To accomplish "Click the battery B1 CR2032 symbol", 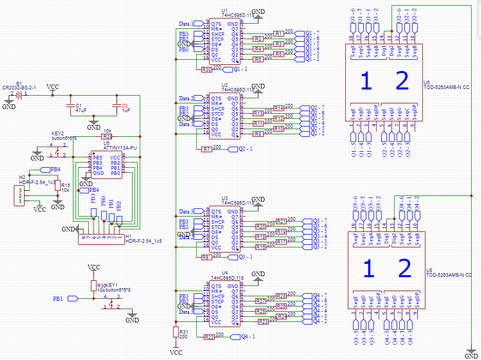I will pyautogui.click(x=18, y=95).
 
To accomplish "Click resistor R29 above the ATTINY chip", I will pyautogui.click(x=107, y=137).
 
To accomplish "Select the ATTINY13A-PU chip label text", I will pyautogui.click(x=120, y=148).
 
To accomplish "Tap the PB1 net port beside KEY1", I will pyautogui.click(x=72, y=298).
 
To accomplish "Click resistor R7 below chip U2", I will pyautogui.click(x=207, y=149).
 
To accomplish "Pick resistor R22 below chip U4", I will pyautogui.click(x=209, y=337).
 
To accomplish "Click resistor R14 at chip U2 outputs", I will pyautogui.click(x=279, y=109).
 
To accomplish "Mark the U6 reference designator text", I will pyautogui.click(x=427, y=82).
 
